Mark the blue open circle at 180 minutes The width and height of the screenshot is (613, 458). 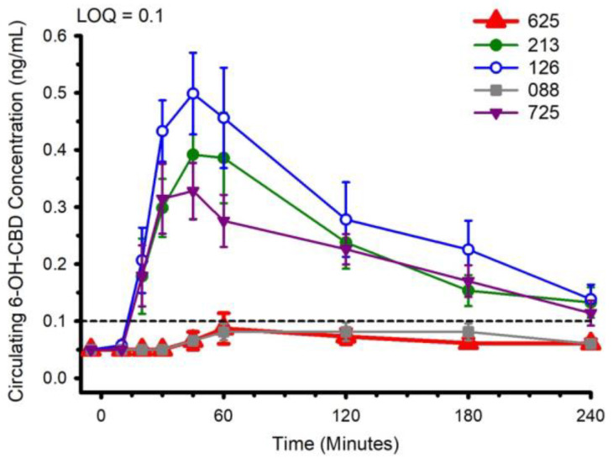click(x=469, y=250)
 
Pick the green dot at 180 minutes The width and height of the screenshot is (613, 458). click(x=469, y=291)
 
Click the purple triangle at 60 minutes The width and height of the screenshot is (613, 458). click(x=223, y=221)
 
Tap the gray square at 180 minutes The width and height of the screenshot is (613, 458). click(x=469, y=332)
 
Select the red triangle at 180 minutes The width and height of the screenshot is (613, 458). click(x=469, y=343)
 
